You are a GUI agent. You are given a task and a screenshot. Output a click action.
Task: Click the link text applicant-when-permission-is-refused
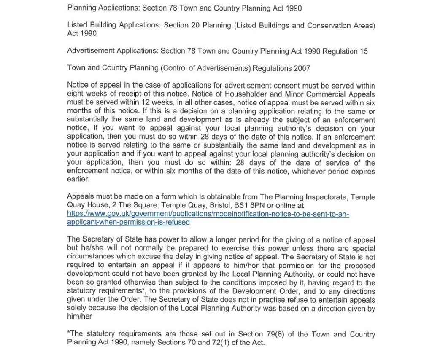coord(128,222)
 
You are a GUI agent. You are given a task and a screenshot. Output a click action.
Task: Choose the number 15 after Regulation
coord(363,51)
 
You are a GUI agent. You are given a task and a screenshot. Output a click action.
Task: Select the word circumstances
coord(89,256)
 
